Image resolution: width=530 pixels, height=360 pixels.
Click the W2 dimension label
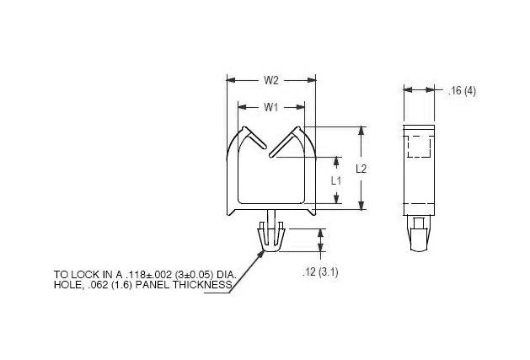coord(271,81)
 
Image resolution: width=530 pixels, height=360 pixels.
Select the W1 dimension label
coord(271,107)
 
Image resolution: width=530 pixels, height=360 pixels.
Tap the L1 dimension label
coord(336,180)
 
